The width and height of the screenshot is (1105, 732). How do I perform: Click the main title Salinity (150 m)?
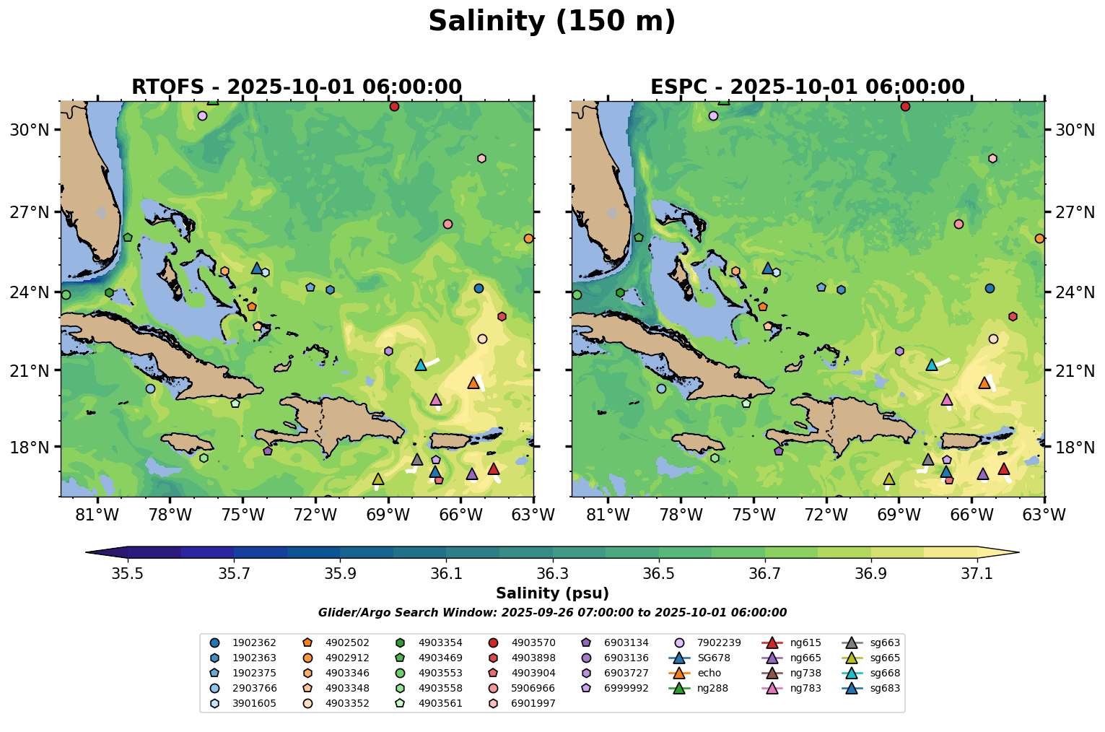pyautogui.click(x=551, y=22)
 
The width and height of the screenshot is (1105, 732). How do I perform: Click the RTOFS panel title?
pyautogui.click(x=296, y=87)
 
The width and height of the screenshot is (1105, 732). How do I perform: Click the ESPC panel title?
pyautogui.click(x=807, y=87)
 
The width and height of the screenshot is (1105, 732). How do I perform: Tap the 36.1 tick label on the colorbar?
pyautogui.click(x=446, y=573)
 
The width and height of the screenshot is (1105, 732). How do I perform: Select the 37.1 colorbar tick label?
pyautogui.click(x=977, y=573)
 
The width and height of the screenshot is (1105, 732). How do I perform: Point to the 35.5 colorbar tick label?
pyautogui.click(x=128, y=573)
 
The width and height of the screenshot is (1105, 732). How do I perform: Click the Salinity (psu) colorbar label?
pyautogui.click(x=552, y=594)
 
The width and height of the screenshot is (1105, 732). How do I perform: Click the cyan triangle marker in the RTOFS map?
pyautogui.click(x=421, y=365)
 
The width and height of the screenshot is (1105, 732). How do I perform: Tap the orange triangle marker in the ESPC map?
pyautogui.click(x=984, y=383)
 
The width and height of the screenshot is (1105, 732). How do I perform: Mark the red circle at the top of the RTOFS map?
pyautogui.click(x=394, y=107)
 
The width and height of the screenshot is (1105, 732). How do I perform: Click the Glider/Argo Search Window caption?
pyautogui.click(x=552, y=613)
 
